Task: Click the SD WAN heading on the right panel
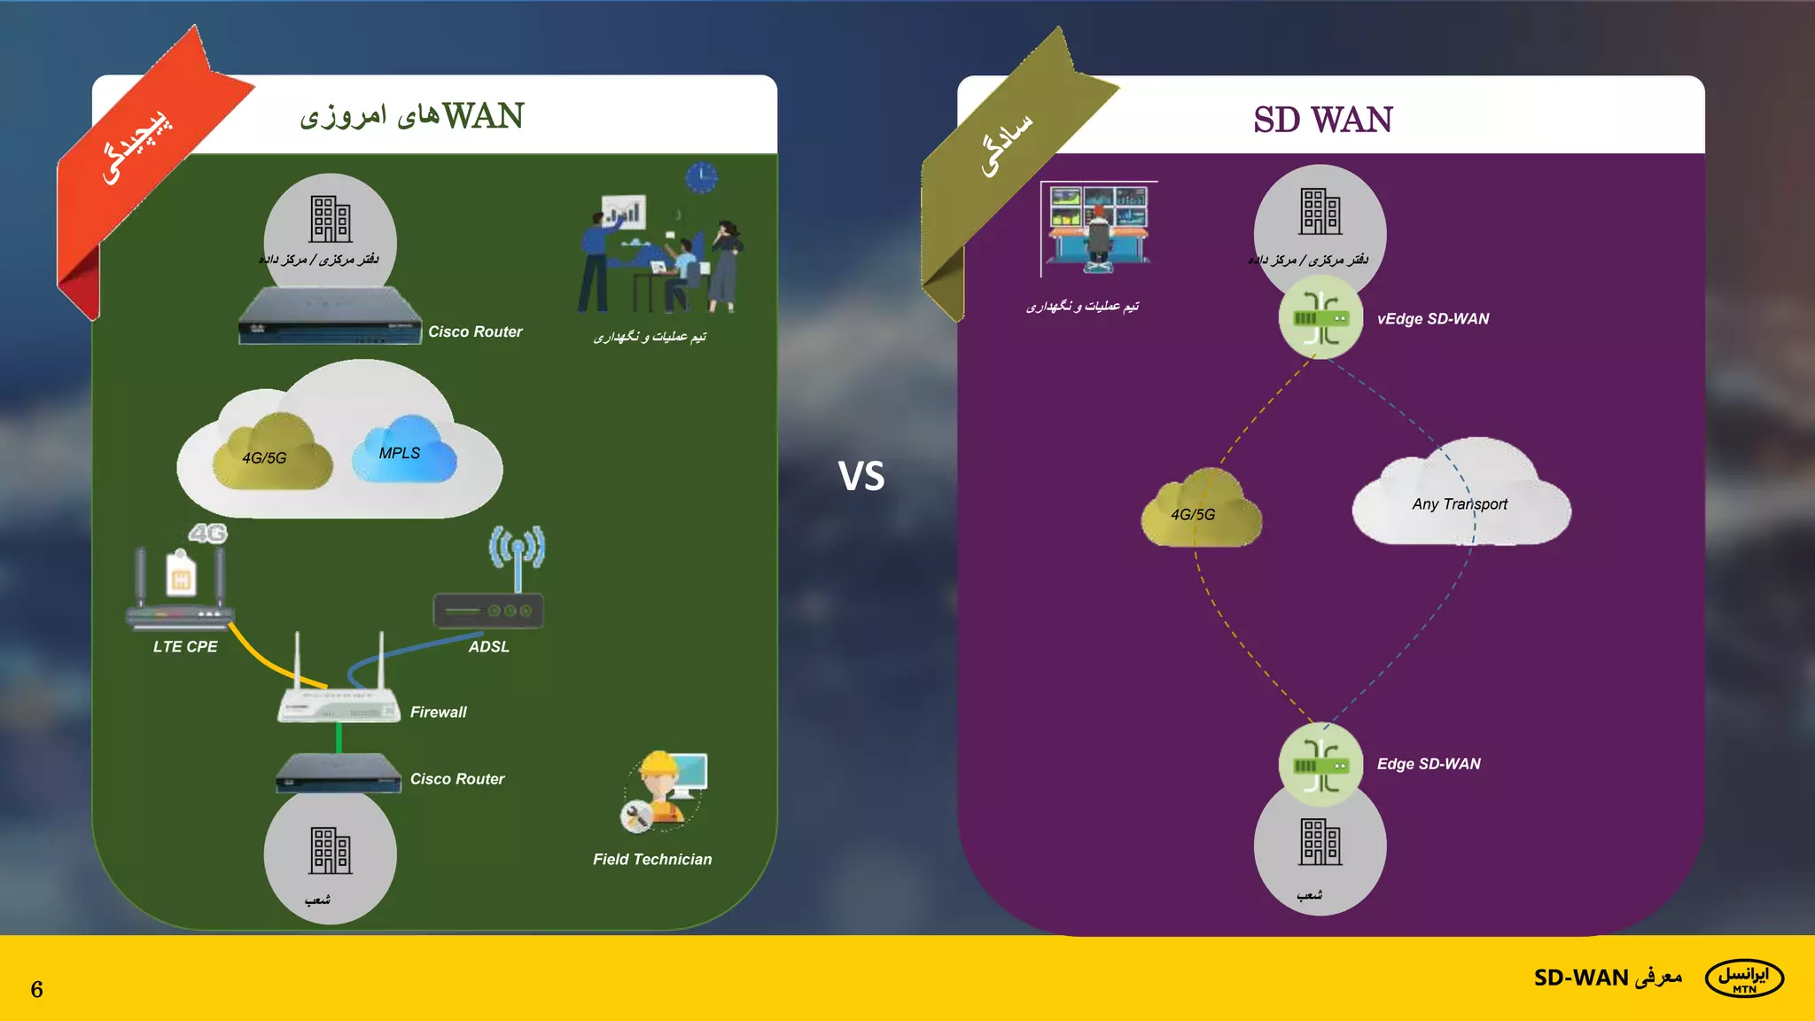[1322, 120]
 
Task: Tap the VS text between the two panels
[861, 477]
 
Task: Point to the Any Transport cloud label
[1459, 504]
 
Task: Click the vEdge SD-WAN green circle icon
[1320, 317]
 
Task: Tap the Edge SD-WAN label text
[1428, 764]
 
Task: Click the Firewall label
[438, 713]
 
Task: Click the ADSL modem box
[488, 611]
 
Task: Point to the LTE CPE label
[184, 647]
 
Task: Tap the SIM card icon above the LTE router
[182, 574]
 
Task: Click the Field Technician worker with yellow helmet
[660, 789]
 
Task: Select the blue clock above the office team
[701, 177]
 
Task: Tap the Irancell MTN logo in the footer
[1743, 978]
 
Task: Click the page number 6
[36, 989]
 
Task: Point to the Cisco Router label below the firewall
[456, 779]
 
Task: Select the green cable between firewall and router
[339, 737]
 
